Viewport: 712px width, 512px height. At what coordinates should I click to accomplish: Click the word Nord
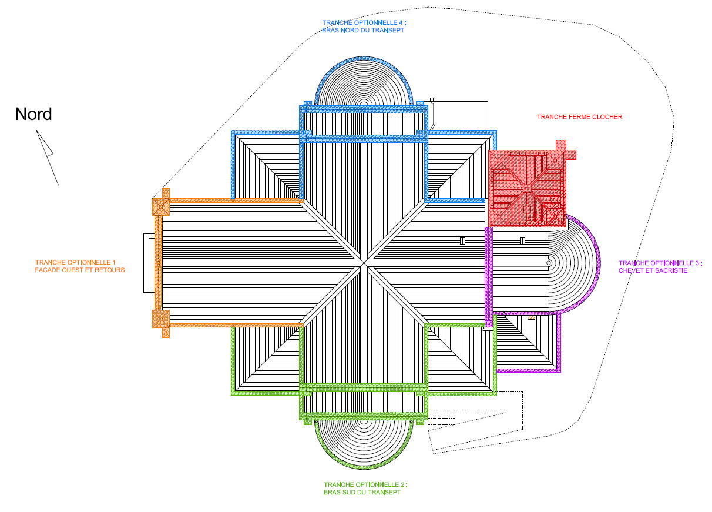(x=33, y=114)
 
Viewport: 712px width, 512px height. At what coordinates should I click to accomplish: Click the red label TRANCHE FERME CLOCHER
(x=579, y=117)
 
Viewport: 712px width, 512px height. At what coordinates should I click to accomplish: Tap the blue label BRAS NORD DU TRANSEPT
(x=363, y=30)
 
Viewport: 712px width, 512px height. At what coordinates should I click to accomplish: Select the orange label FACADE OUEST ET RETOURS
(x=80, y=270)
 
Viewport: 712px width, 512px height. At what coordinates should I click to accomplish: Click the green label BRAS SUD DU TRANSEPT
(x=362, y=492)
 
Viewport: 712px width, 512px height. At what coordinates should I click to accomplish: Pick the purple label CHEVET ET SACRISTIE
(x=653, y=270)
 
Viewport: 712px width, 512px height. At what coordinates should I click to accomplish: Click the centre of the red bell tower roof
(x=527, y=189)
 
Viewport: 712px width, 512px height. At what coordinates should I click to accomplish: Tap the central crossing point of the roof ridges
(x=364, y=263)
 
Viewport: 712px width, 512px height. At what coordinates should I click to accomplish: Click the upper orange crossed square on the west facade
(x=161, y=207)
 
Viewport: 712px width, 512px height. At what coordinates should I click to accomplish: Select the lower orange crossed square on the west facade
(x=161, y=319)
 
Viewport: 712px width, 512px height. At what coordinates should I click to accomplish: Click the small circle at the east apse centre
(x=549, y=263)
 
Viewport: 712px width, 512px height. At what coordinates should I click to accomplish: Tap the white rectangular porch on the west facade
(x=149, y=263)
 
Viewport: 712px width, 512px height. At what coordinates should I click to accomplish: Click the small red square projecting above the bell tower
(x=560, y=145)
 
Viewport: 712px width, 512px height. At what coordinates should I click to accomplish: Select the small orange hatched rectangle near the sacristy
(x=531, y=317)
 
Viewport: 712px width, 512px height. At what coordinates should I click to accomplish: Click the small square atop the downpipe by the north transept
(x=432, y=99)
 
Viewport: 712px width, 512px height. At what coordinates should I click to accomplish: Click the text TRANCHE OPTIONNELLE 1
(x=75, y=262)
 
